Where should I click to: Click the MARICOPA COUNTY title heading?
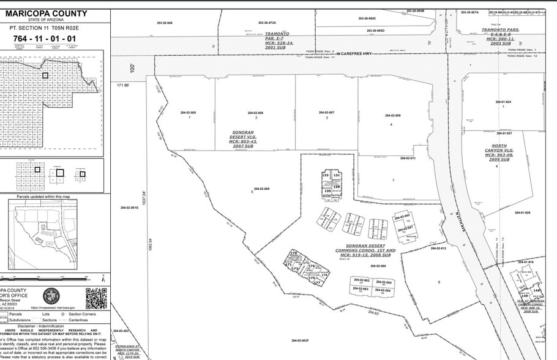click(54, 13)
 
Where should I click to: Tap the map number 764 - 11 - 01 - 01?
click(45, 39)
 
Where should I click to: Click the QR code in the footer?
click(95, 298)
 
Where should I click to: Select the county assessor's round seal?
click(51, 298)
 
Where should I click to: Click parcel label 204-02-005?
click(189, 113)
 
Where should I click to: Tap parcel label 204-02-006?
click(255, 113)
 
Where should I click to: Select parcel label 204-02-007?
click(327, 113)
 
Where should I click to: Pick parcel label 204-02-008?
click(392, 115)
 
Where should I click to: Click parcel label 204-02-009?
click(261, 189)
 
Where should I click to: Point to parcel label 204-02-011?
click(408, 158)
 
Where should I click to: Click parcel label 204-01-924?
click(503, 102)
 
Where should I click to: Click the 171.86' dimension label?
click(123, 85)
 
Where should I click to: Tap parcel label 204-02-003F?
click(300, 340)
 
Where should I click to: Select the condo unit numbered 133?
click(326, 175)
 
